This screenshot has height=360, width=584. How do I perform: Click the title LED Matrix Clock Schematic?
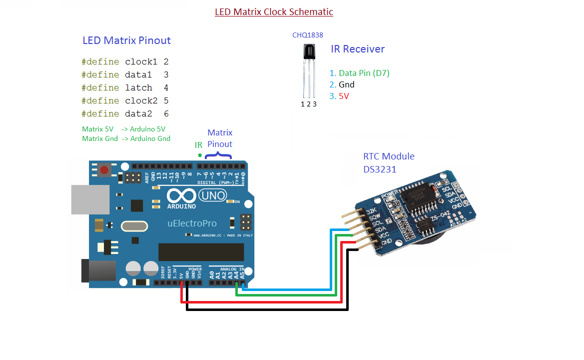pos(274,11)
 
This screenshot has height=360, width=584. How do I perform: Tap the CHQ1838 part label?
pos(307,35)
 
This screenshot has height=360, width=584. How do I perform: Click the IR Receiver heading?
pos(358,49)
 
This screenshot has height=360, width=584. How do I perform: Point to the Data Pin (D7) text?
pos(364,73)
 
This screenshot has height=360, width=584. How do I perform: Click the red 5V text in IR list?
pos(344,96)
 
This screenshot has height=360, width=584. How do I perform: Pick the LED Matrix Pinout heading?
pos(126,40)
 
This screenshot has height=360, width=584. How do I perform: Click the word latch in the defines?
pos(138,87)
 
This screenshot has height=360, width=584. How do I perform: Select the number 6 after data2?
pos(166,113)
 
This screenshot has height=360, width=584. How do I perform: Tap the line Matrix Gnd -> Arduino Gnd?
pos(126,138)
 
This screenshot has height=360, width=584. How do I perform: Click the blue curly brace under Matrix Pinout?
pos(218,156)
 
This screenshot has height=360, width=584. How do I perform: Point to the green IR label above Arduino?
pos(198,145)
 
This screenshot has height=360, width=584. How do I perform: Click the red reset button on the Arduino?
pos(104,170)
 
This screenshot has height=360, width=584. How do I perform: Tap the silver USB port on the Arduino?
pos(90,199)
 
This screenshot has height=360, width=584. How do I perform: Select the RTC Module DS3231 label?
pos(388,162)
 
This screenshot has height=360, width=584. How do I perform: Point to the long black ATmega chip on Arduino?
pos(201,252)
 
